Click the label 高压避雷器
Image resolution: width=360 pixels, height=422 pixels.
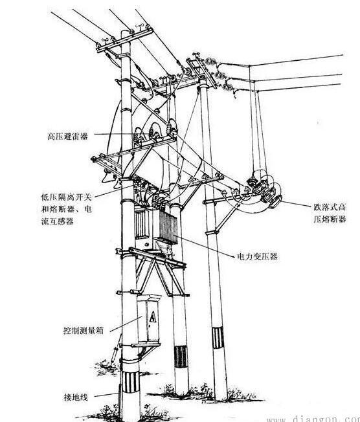pos(68,136)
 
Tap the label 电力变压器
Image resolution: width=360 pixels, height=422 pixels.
pos(257,256)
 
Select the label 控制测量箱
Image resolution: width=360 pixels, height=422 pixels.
pos(84,330)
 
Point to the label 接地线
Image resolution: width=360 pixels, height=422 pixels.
pos(76,397)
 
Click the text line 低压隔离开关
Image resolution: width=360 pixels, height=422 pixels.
pos(66,197)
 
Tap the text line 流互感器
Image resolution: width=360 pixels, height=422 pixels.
pos(58,221)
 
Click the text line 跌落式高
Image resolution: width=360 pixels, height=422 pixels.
pos(330,207)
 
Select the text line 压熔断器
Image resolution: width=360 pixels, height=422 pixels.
pos(330,219)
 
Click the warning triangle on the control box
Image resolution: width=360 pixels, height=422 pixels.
pos(153,317)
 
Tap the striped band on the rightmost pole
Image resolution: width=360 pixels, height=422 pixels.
pos(218,337)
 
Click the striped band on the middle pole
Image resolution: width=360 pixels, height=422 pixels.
pos(181,357)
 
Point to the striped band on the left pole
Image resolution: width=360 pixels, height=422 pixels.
pos(130,383)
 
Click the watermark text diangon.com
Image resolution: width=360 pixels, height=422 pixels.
pos(313,419)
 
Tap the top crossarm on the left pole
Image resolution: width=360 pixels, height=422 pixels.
pos(125,40)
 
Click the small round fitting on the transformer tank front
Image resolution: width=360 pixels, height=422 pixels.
pos(147,245)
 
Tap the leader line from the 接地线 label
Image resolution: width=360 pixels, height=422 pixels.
pos(106,395)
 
